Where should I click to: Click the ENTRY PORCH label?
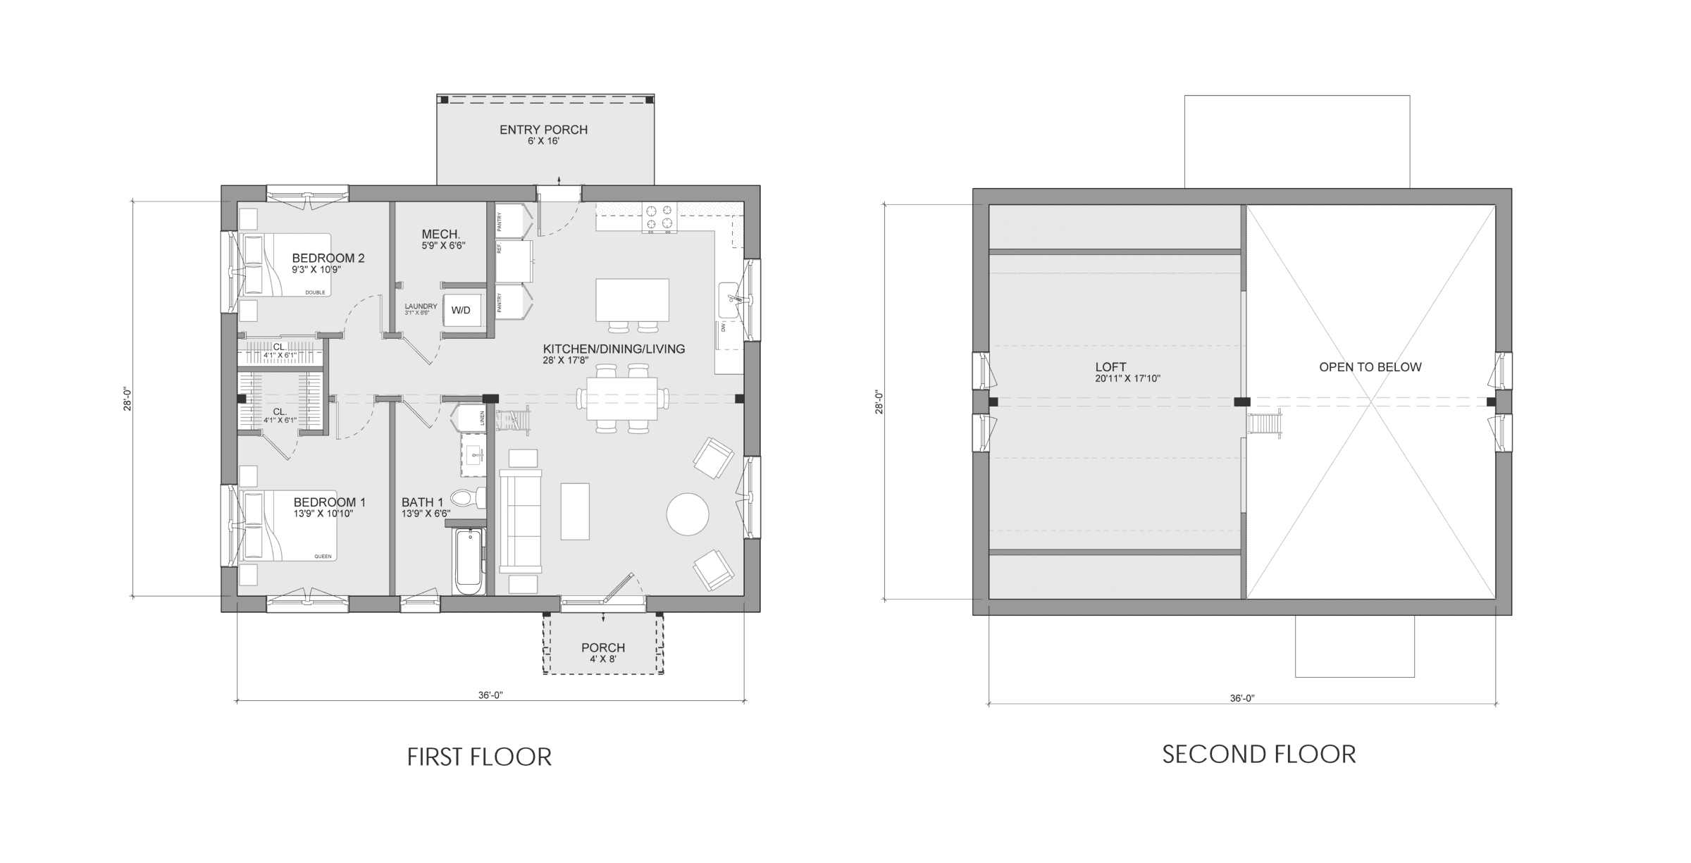click(x=543, y=130)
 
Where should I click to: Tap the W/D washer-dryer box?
click(x=461, y=310)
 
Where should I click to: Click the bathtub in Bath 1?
click(x=468, y=562)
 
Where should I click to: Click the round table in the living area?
click(x=687, y=514)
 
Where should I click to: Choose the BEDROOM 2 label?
click(x=328, y=259)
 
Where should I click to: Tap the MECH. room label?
click(x=440, y=235)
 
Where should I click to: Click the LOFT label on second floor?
click(x=1110, y=367)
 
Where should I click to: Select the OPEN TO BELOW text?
click(x=1370, y=367)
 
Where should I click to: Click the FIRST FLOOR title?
click(x=479, y=757)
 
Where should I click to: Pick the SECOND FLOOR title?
click(x=1258, y=755)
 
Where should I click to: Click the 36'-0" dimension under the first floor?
click(x=490, y=695)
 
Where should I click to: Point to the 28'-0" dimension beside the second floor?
click(x=879, y=402)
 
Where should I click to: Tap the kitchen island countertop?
click(x=632, y=299)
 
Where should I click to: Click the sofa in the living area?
click(x=520, y=520)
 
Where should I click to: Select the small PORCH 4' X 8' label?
click(x=603, y=648)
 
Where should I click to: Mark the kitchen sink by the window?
click(x=729, y=301)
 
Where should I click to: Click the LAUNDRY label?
click(x=421, y=306)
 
